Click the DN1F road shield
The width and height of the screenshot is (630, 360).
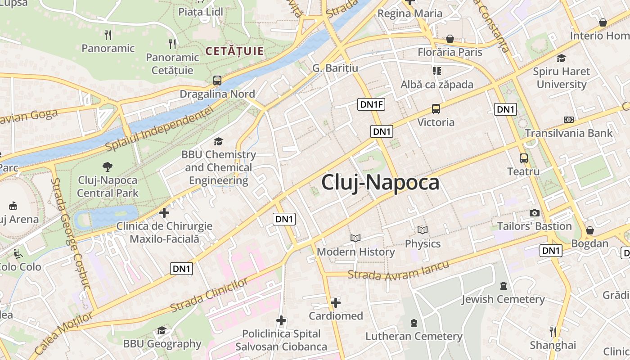click(x=372, y=105)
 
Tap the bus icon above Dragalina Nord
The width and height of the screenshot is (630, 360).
click(x=217, y=81)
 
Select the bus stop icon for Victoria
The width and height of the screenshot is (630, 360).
click(x=436, y=108)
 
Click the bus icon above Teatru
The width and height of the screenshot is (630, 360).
click(x=524, y=158)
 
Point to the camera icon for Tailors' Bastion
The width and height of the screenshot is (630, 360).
click(x=535, y=213)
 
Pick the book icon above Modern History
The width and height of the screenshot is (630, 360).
click(x=355, y=238)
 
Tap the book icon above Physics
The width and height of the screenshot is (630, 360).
click(x=422, y=230)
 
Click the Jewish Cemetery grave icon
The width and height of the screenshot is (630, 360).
click(x=503, y=286)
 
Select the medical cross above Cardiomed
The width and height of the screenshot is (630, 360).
click(x=336, y=302)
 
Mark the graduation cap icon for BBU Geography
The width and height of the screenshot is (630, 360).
click(x=162, y=331)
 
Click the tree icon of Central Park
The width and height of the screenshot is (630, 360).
click(x=108, y=167)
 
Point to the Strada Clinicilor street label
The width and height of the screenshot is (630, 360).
click(x=209, y=295)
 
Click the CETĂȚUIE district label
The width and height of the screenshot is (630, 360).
click(x=234, y=51)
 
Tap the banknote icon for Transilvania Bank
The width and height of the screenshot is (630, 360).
click(x=569, y=120)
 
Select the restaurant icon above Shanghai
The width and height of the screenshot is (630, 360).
click(x=553, y=332)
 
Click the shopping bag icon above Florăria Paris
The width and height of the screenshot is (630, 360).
click(x=450, y=39)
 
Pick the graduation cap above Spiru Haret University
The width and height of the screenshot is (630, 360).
click(x=561, y=58)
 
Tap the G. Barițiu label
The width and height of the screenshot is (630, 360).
click(x=335, y=68)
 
